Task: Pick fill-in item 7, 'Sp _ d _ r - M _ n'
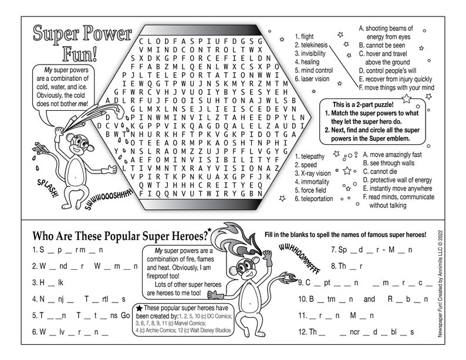point(367,249)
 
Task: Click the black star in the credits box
point(139,308)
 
